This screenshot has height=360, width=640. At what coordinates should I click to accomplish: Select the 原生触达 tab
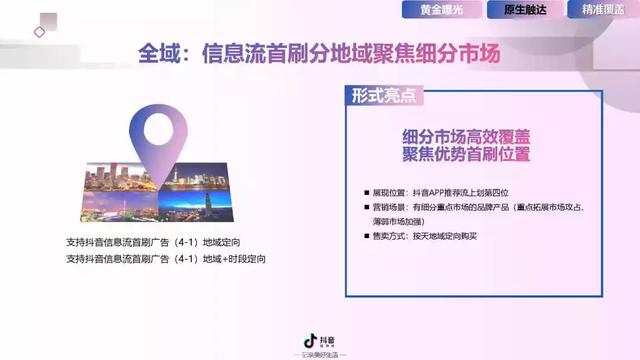point(521,10)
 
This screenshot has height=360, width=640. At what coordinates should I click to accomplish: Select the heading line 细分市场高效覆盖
point(466,137)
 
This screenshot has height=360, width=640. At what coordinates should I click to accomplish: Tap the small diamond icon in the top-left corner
point(40,31)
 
